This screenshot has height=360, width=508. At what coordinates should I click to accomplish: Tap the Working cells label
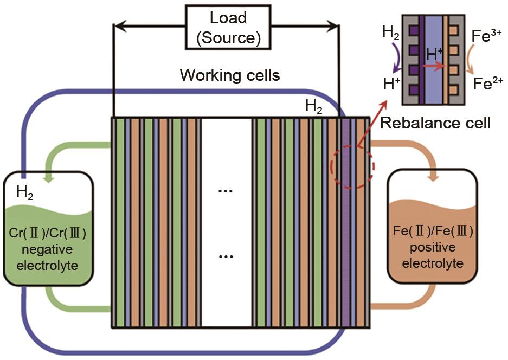230,75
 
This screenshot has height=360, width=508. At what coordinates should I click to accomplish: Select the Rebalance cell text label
435,123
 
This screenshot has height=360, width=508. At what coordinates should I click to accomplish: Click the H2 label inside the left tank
25,191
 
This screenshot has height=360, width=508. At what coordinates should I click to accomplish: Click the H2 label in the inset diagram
391,32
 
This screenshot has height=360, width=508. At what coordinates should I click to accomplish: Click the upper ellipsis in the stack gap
225,191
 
